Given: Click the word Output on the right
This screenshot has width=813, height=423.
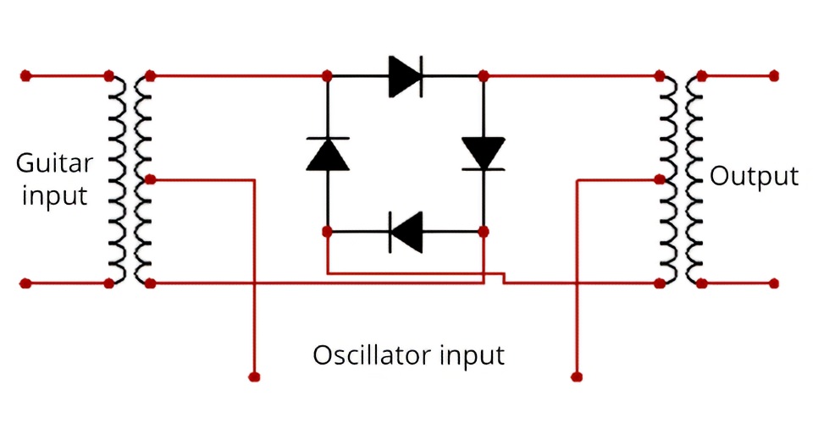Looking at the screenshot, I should tap(754, 176).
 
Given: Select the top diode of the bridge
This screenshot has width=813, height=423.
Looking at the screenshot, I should tap(405, 76).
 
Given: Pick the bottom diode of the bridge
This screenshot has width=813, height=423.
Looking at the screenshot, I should tap(406, 230).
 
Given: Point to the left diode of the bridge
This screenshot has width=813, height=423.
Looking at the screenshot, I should tap(328, 153).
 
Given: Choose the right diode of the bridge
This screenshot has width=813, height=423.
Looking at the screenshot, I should tap(484, 153).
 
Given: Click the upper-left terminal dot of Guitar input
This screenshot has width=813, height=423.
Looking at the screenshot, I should tap(26, 76).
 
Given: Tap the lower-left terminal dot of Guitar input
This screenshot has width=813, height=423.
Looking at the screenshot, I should tap(26, 283).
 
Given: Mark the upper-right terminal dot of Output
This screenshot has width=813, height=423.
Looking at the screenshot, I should tap(773, 76).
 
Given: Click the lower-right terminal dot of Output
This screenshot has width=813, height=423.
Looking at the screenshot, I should tap(773, 283).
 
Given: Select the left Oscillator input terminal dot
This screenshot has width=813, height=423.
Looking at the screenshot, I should tap(253, 375).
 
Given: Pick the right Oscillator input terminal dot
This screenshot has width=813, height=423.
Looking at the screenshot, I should tap(576, 375).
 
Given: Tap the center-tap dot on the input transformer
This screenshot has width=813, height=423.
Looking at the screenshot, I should tap(150, 179).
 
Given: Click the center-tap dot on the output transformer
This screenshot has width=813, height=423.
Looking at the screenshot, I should tap(661, 179).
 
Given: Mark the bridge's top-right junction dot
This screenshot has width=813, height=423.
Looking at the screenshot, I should tap(484, 76).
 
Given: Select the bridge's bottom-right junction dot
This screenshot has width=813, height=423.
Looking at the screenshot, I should tap(484, 230).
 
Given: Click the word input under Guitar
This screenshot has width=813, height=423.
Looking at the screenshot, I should tap(54, 196).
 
